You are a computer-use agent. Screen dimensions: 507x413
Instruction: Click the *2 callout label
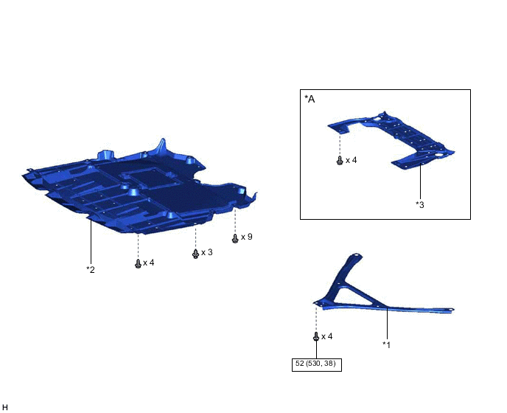(91, 270)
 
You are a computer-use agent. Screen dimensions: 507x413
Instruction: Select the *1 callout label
(387, 345)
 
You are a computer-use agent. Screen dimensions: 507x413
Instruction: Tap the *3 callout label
(420, 205)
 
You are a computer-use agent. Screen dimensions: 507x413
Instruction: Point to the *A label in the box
(310, 99)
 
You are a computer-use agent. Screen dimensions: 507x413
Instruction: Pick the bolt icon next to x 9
(235, 238)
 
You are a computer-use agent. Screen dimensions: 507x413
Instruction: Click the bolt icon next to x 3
(195, 254)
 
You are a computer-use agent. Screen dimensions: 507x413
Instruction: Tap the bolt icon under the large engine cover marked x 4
(138, 264)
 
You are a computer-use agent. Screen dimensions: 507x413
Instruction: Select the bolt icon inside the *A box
(340, 161)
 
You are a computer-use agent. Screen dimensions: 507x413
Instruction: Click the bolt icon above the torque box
(316, 336)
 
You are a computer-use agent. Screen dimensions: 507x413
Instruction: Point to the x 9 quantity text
(246, 237)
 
